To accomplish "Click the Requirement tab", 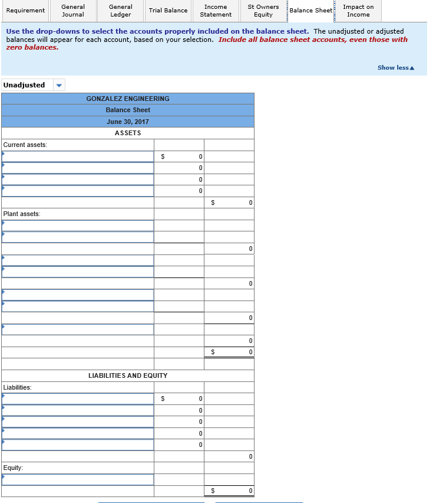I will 25,11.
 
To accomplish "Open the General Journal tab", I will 73,11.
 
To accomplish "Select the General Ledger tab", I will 120,11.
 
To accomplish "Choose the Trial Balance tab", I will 168,11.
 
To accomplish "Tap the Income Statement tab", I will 216,11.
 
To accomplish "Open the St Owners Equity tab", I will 263,11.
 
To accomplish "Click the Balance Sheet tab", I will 310,11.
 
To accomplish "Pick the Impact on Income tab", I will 358,11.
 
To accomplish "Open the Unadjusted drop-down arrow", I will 58,85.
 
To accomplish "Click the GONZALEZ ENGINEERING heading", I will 128,99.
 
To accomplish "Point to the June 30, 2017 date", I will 128,122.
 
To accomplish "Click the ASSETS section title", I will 128,133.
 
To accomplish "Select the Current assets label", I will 25,145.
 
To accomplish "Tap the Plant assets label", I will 22,214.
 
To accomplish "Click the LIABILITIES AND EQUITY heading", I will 128,375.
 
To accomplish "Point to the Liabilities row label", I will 18,387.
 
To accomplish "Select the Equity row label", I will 13,468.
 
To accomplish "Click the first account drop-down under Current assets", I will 78,156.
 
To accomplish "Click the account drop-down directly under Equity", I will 78,479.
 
